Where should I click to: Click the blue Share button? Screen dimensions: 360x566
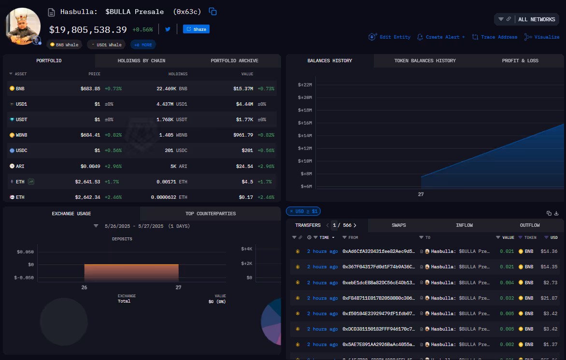196,29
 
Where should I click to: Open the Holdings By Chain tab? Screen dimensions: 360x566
141,61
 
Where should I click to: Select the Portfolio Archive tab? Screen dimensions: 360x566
234,61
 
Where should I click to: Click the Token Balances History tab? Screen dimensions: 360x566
424,61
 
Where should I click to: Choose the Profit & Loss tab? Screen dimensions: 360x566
520,61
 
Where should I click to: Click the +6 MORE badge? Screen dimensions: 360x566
143,45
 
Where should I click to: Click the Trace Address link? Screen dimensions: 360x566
495,37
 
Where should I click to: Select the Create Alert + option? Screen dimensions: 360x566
441,37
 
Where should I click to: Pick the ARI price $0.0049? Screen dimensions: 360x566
90,166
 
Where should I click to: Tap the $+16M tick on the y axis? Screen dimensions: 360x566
305,123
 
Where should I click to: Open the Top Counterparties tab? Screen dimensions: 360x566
211,213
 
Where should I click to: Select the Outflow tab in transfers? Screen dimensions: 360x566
530,225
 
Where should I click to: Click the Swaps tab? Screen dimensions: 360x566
398,225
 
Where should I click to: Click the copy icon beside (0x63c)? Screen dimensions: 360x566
212,12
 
